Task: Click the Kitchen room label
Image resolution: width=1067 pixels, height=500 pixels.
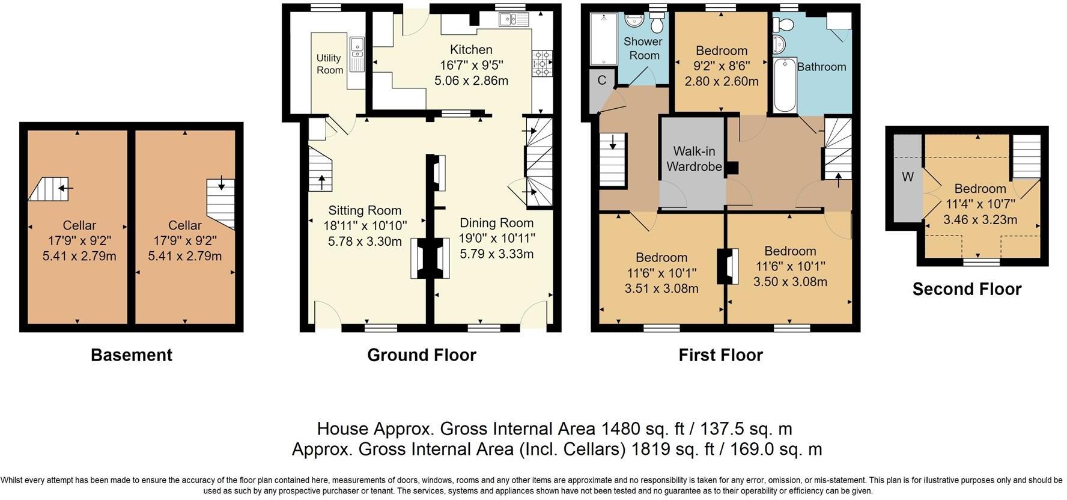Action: tap(471, 50)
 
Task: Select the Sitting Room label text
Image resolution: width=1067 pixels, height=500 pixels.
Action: tap(365, 210)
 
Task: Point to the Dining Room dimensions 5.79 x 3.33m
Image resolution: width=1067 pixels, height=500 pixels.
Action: tap(496, 254)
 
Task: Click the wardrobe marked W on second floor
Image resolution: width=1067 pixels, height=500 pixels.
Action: tap(908, 177)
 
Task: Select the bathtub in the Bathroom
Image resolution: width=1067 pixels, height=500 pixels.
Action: tap(785, 85)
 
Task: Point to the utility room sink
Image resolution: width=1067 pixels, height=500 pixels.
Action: tap(357, 45)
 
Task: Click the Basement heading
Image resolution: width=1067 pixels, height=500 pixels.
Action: tap(131, 355)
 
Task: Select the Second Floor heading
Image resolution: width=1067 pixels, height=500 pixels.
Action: tap(967, 289)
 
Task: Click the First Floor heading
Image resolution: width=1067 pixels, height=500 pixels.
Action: tap(720, 355)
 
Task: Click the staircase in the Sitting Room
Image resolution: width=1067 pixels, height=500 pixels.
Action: tap(321, 170)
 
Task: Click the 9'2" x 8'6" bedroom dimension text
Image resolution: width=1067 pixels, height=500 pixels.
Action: tap(721, 66)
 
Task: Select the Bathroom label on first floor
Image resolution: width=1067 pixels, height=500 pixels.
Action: tap(821, 67)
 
